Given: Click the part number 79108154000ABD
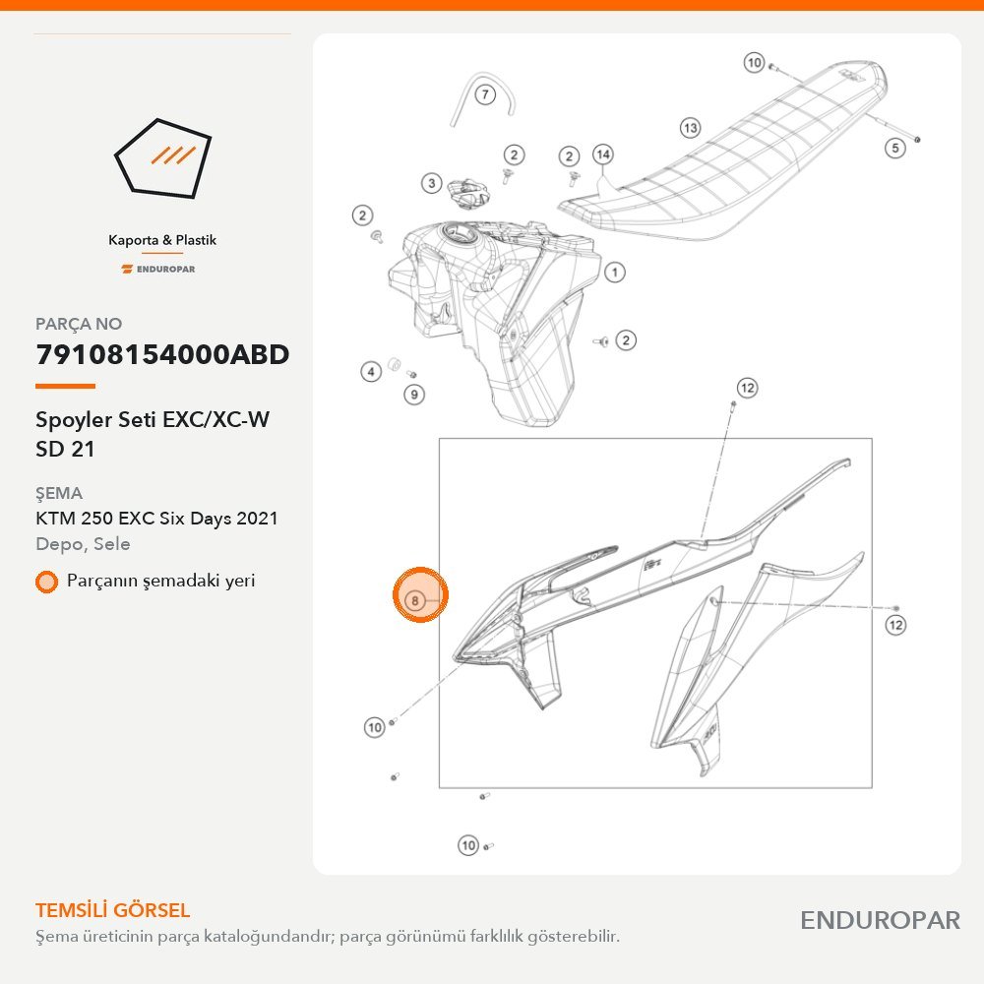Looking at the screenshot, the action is point(162,354).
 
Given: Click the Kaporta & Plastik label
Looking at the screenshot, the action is point(162,240).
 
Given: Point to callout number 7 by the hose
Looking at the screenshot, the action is point(485,95).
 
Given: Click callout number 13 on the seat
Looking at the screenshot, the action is point(691,128).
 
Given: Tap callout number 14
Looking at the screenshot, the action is point(603,154).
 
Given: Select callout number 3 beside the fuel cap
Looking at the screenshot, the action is point(431,183).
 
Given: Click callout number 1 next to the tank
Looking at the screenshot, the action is point(615,273).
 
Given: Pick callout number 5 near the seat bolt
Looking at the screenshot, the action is point(895,149).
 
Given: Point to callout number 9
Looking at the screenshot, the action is point(414,395).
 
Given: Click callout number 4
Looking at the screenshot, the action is point(371,372).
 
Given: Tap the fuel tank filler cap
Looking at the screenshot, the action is point(466,192).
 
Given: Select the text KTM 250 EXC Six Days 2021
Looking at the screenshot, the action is point(156,519).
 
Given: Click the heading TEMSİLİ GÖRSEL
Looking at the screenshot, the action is point(112,910).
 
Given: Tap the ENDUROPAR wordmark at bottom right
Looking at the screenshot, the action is point(881,921).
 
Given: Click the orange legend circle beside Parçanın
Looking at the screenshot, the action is point(46,582).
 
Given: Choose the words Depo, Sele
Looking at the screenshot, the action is point(83,544).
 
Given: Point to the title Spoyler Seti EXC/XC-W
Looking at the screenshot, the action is point(153,420).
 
